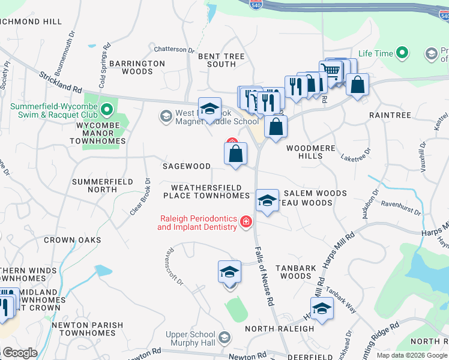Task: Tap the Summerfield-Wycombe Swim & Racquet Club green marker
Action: [107, 110]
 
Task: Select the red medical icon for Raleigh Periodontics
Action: [246, 223]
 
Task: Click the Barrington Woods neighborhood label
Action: [129, 67]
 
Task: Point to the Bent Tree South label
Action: [221, 60]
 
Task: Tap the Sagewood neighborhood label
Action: [187, 166]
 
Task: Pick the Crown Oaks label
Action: [68, 240]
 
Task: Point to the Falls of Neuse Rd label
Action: [265, 277]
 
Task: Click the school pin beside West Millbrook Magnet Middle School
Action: [209, 109]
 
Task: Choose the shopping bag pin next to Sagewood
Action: [237, 154]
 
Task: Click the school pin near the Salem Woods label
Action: [267, 200]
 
